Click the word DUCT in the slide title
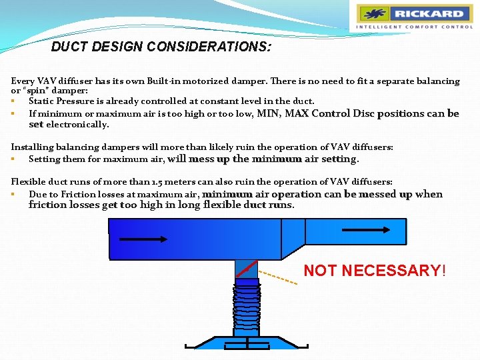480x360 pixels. coord(69,47)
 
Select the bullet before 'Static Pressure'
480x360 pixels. coord(13,101)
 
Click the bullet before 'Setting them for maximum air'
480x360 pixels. coord(13,159)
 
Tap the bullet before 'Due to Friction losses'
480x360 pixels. coord(13,194)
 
